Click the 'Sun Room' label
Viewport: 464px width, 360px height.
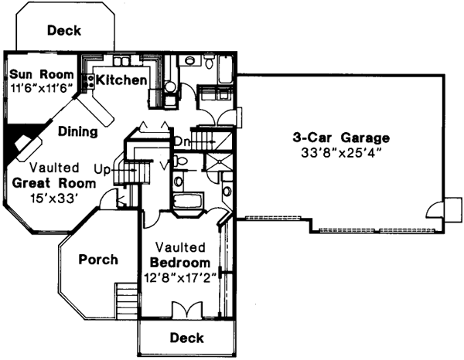coord(42,75)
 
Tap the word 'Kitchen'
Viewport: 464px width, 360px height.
coord(121,80)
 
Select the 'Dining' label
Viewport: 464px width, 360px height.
coord(78,132)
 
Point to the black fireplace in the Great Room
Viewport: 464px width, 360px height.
coord(19,144)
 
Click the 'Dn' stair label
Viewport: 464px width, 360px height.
coord(181,141)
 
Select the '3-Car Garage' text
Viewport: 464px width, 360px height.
coord(340,138)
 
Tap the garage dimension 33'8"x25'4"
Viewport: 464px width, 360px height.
coord(340,152)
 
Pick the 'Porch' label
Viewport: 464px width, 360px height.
coord(98,259)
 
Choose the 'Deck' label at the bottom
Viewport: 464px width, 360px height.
coord(186,338)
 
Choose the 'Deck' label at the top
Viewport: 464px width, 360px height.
coord(65,31)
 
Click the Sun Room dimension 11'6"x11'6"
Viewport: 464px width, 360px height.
coord(42,88)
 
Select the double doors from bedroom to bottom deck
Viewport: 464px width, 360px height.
coord(184,309)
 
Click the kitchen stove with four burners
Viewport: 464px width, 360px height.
coord(87,78)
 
